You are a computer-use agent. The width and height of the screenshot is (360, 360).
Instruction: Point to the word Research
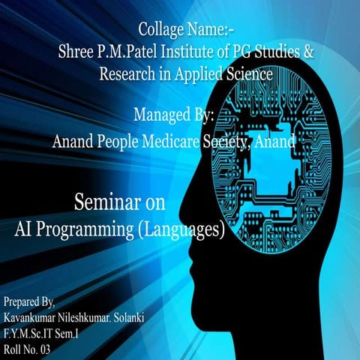tap(129, 74)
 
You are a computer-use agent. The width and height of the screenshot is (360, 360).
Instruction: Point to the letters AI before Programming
tap(26, 227)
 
